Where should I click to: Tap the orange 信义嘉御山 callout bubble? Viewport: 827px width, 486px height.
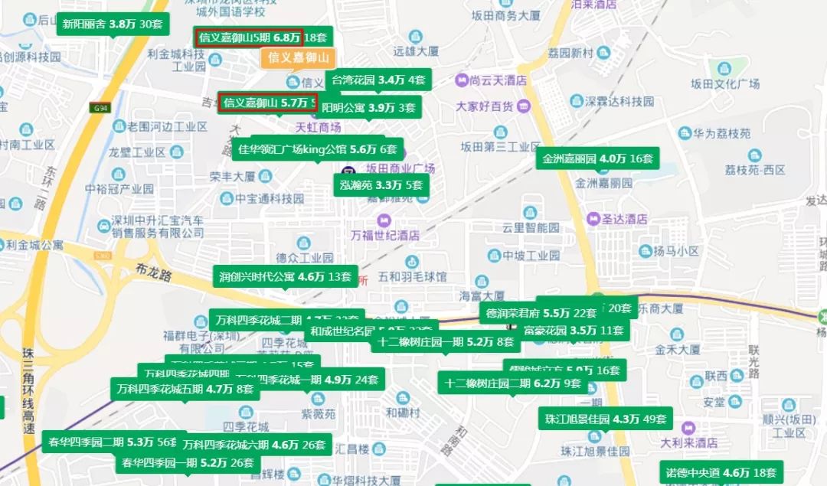coord(298,57)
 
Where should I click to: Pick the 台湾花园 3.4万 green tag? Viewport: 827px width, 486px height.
coord(378,79)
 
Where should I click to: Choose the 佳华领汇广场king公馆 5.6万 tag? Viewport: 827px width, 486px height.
coord(318,149)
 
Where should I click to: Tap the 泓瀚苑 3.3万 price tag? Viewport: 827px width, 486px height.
coord(381,184)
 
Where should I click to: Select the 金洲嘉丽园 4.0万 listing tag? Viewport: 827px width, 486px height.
coord(597,159)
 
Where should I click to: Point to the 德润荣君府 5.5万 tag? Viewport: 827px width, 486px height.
coord(541,313)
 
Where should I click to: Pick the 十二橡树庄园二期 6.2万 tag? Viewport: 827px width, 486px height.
coord(513,383)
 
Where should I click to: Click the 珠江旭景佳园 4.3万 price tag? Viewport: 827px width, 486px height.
coord(605,419)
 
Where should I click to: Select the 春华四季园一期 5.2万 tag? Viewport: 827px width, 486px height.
coord(188,462)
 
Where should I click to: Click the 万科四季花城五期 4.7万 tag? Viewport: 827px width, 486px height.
coord(185,388)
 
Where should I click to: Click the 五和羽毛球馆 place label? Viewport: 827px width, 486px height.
coord(412,276)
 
